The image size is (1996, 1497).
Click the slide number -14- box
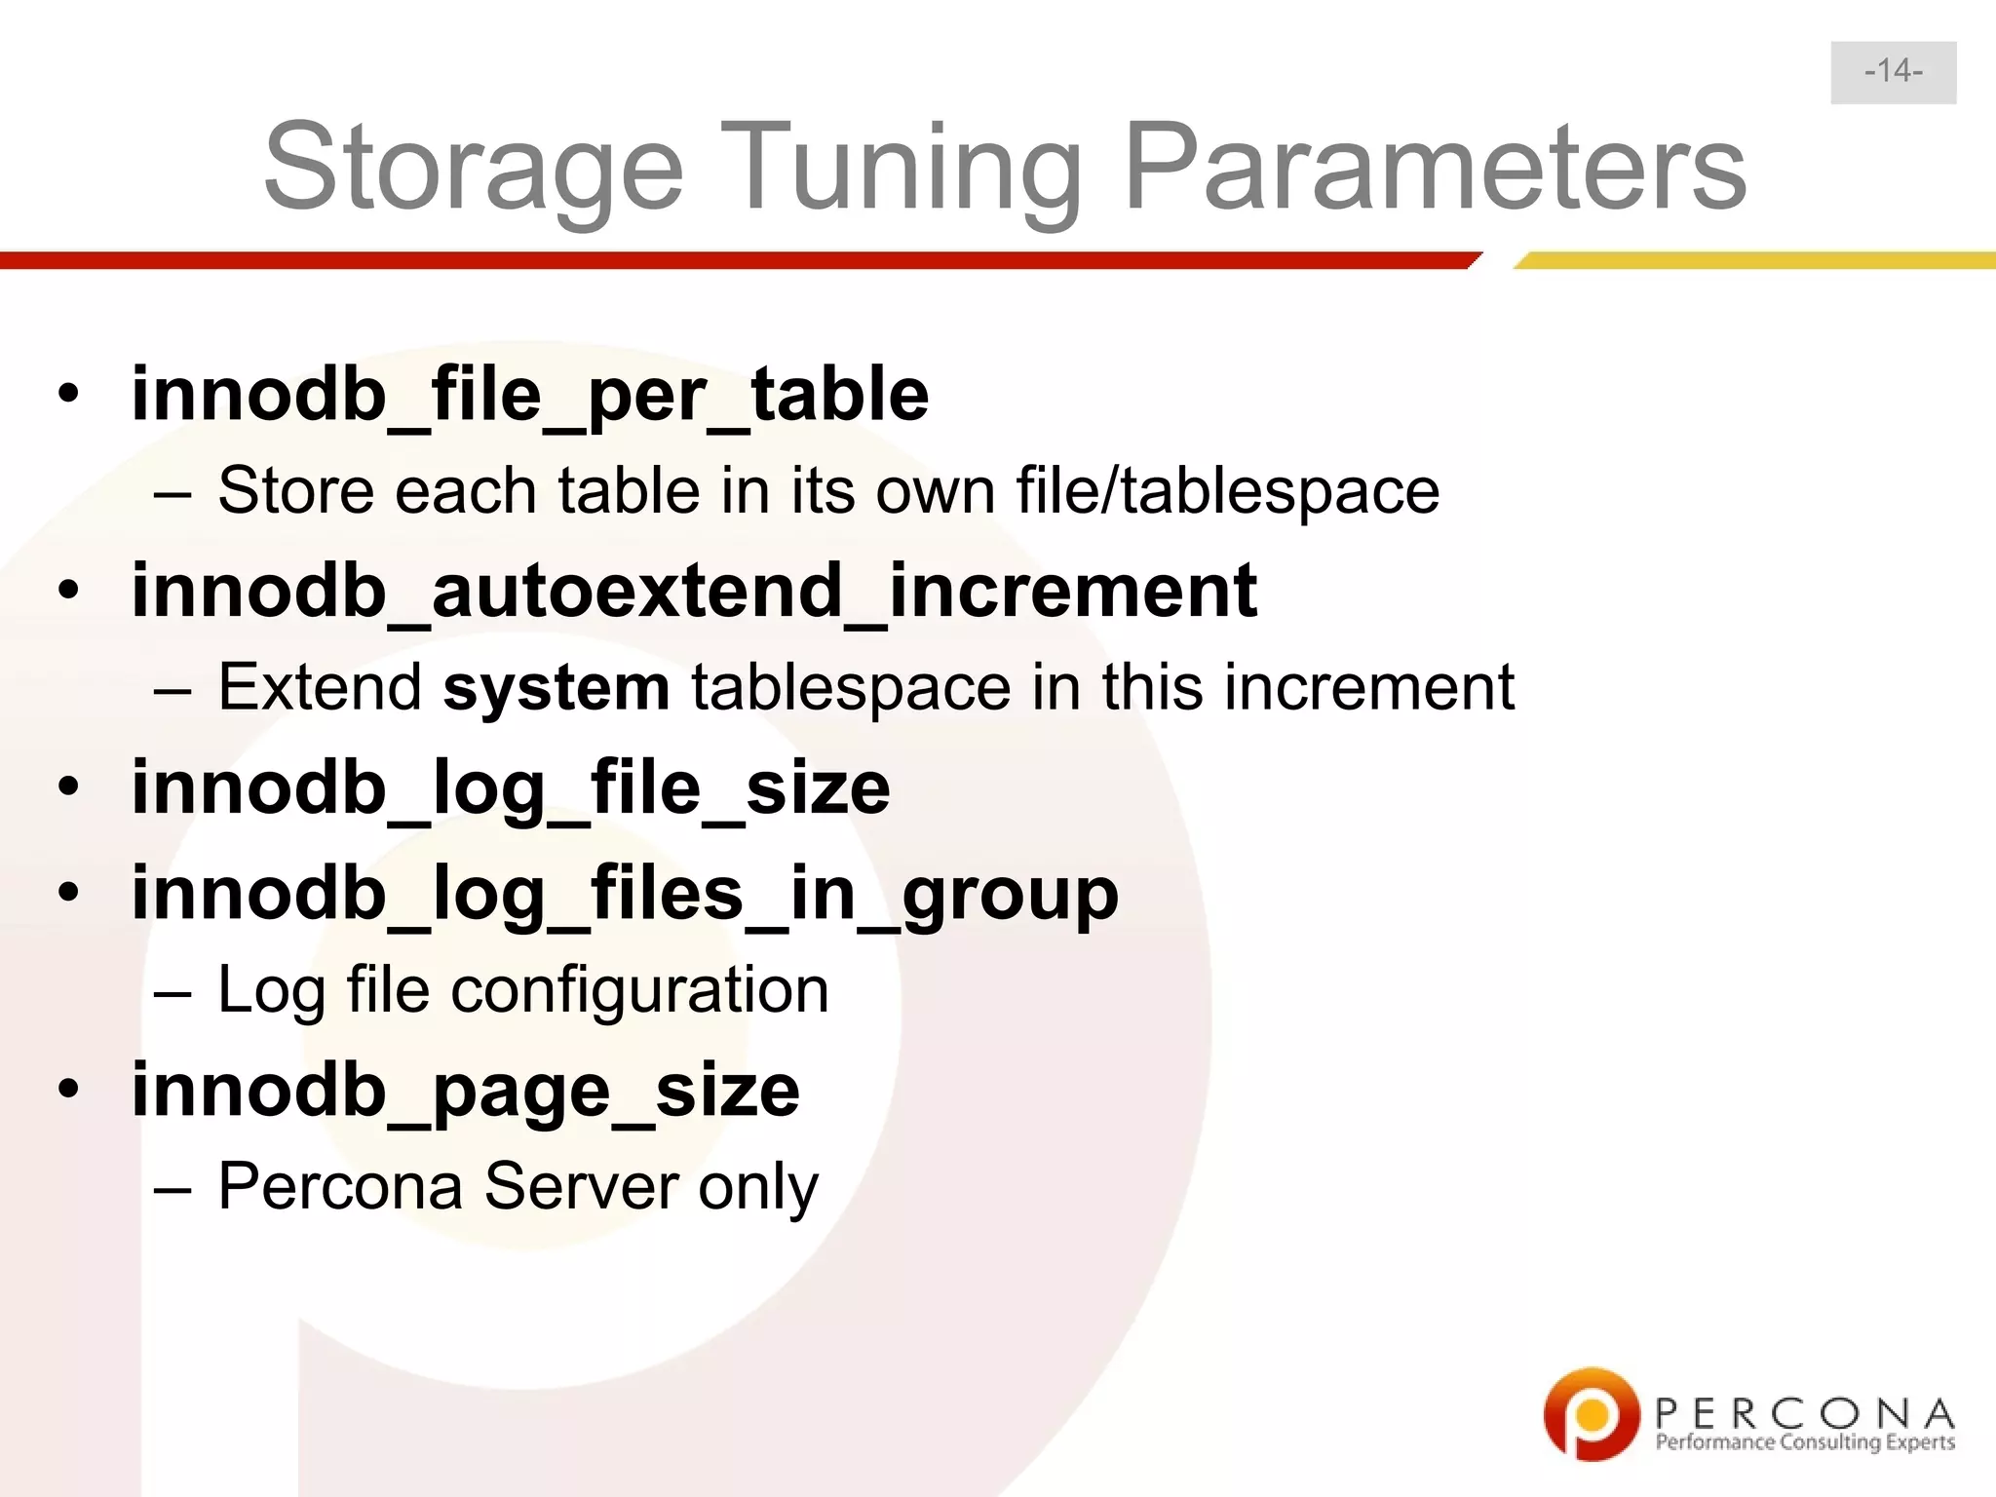[x=1893, y=72]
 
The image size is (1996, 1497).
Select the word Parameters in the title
[x=1435, y=168]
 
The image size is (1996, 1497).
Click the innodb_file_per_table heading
[x=530, y=394]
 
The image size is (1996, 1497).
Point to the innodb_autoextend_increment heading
[x=694, y=591]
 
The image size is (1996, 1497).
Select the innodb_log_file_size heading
[x=511, y=787]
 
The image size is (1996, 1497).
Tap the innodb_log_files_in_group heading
[x=625, y=894]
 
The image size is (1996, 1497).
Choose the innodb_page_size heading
[x=466, y=1091]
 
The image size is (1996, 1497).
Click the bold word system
[x=557, y=688]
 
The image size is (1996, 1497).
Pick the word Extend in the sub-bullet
[x=320, y=687]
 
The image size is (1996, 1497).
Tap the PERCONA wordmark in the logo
[x=1804, y=1412]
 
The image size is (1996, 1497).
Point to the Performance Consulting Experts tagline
[x=1804, y=1442]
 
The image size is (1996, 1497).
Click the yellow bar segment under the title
[x=1754, y=260]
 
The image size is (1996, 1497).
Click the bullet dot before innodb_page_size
[x=67, y=1088]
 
